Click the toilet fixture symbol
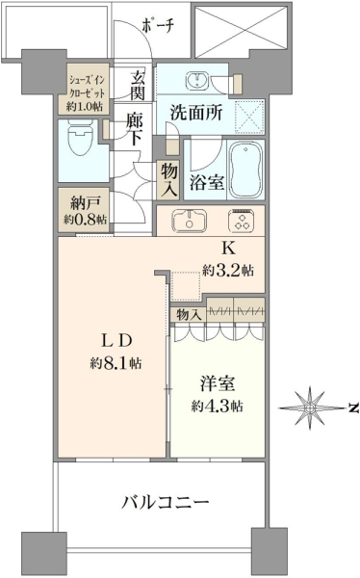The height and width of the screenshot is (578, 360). click(x=79, y=137)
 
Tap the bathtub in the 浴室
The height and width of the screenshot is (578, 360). click(x=246, y=170)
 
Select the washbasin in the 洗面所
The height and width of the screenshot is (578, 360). click(x=198, y=81)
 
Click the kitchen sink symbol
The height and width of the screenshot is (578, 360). click(x=190, y=221)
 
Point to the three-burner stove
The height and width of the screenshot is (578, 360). click(x=241, y=222)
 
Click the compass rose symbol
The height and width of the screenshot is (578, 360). click(x=310, y=408)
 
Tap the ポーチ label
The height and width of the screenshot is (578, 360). click(x=157, y=26)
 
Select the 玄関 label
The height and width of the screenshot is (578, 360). click(x=137, y=86)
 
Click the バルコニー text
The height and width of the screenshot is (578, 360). click(x=165, y=502)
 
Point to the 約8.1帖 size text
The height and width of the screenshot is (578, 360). click(x=116, y=364)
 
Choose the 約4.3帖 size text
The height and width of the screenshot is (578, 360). click(x=217, y=407)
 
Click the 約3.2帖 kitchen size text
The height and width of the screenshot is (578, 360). click(x=228, y=271)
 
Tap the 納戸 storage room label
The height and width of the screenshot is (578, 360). click(x=85, y=202)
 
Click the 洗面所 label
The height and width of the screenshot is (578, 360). click(x=196, y=113)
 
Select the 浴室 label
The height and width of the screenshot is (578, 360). click(x=206, y=182)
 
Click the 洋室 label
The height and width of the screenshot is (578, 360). click(x=218, y=383)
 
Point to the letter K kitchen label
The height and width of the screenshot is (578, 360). click(x=228, y=250)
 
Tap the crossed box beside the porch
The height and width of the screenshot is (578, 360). click(x=241, y=31)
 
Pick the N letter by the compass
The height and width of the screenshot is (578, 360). click(x=353, y=408)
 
